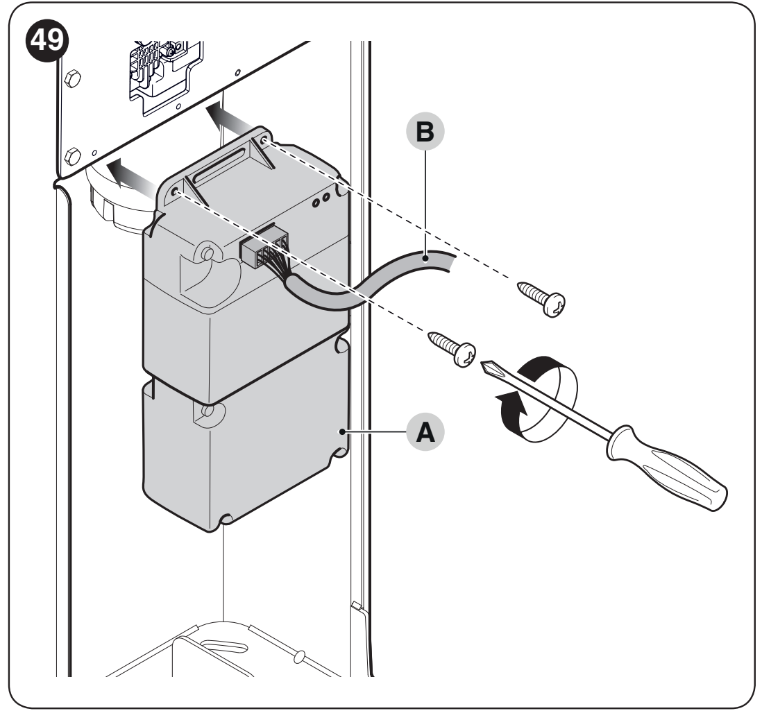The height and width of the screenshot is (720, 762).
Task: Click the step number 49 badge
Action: [46, 41]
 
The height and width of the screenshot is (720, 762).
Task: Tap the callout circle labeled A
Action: [425, 431]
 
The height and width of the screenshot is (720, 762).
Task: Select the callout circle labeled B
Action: [425, 131]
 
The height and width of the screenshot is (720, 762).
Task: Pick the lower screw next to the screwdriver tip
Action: [452, 348]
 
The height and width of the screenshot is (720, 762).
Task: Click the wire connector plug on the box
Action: [263, 248]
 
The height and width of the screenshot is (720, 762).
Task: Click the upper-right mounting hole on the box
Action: [264, 142]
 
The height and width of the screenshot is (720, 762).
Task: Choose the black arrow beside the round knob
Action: [131, 175]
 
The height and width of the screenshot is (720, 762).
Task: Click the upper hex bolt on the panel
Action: [72, 78]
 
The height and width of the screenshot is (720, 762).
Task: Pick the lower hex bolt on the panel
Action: [72, 157]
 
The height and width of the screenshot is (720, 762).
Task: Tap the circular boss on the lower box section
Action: [209, 412]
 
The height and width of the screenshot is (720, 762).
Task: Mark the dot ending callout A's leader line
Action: [343, 431]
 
